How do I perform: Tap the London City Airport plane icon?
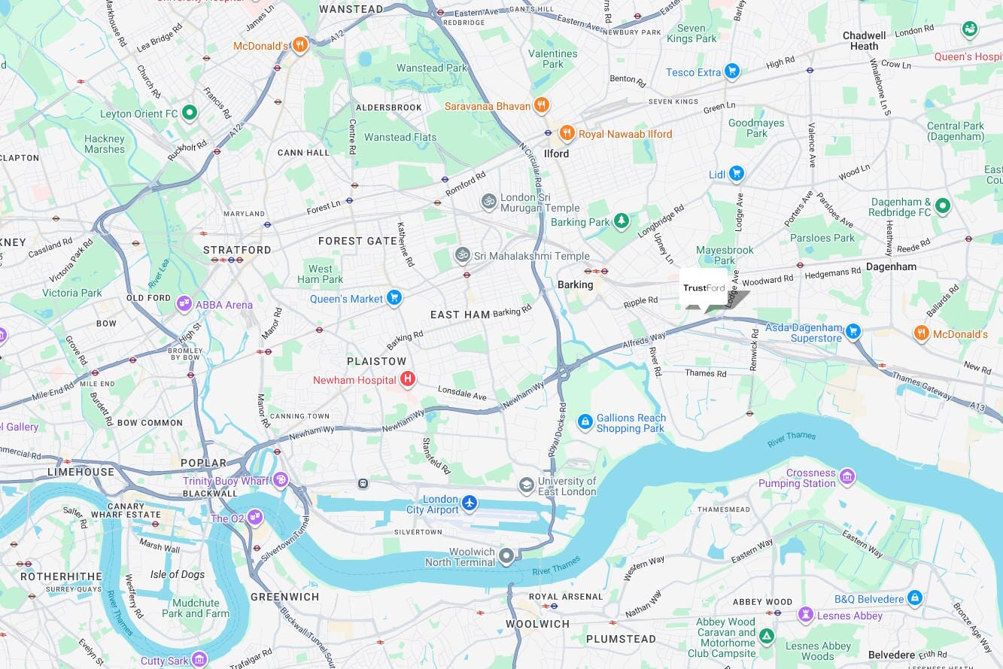click(x=470, y=502)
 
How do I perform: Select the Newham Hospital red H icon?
click(x=408, y=379)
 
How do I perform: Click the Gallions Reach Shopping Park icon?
click(x=585, y=422)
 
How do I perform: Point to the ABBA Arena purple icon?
click(x=184, y=304)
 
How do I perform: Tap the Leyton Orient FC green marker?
click(x=190, y=114)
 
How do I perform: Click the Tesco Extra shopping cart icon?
click(x=731, y=71)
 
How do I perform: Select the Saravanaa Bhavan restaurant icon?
click(x=541, y=105)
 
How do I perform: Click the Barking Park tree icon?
click(x=622, y=221)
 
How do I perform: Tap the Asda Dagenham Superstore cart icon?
click(x=853, y=331)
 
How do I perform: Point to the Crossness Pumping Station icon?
click(x=847, y=476)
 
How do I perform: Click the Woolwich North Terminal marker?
click(x=506, y=557)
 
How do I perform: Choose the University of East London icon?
click(x=526, y=485)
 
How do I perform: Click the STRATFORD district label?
click(x=237, y=250)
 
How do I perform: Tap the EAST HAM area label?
click(x=460, y=315)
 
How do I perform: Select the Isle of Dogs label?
click(x=178, y=574)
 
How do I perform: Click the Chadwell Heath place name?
click(x=864, y=41)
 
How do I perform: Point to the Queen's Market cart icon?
click(x=394, y=298)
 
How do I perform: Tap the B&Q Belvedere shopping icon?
click(x=914, y=598)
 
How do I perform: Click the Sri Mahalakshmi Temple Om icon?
click(x=462, y=255)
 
